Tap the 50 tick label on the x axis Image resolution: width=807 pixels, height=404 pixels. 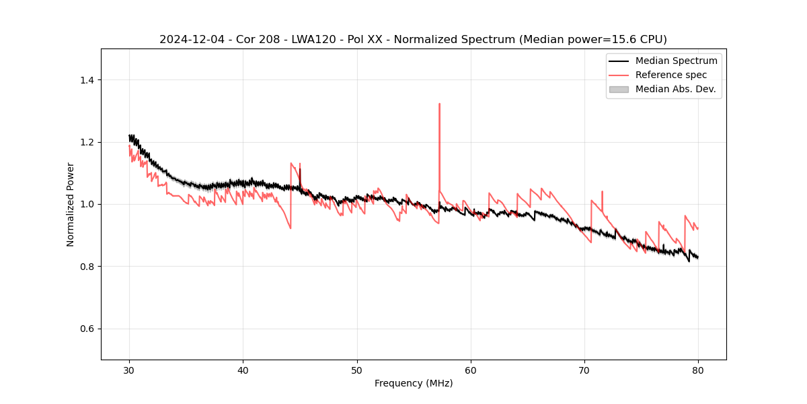357,370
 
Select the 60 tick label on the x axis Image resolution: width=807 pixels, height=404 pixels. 471,370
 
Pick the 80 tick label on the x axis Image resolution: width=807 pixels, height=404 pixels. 698,370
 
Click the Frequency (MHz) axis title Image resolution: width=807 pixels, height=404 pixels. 414,383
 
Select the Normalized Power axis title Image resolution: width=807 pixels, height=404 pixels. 71,204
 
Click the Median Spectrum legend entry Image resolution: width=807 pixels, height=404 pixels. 676,61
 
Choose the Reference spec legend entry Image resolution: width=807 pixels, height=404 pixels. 673,75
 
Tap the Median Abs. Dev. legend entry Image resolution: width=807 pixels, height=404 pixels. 675,89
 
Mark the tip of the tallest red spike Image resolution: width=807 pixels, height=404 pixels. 439,104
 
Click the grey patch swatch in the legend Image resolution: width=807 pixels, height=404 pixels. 619,89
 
